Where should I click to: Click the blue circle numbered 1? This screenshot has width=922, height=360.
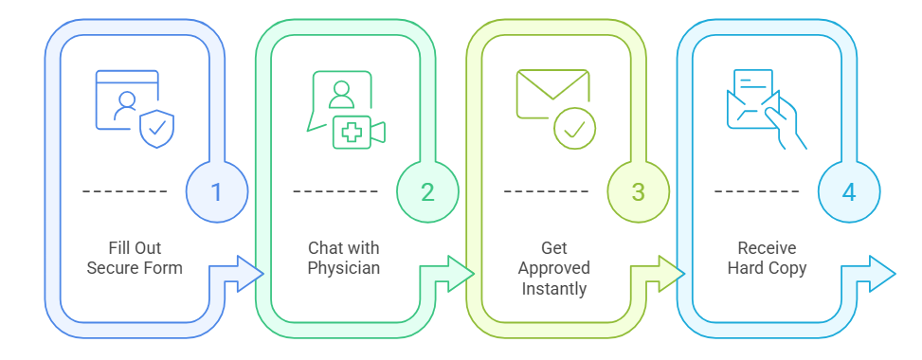pyautogui.click(x=216, y=191)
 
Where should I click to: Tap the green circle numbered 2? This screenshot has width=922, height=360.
pyautogui.click(x=427, y=191)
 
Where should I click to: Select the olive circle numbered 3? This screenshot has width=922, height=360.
pyautogui.click(x=638, y=191)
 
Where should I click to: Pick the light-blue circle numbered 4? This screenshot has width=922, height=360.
pyautogui.click(x=848, y=191)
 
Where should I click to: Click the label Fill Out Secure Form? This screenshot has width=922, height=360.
pyautogui.click(x=135, y=258)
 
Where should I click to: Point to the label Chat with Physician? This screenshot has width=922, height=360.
pyautogui.click(x=344, y=258)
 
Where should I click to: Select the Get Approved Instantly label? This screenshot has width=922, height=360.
pyautogui.click(x=554, y=268)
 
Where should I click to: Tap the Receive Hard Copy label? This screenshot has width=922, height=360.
pyautogui.click(x=766, y=258)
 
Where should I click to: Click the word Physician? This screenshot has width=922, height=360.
pyautogui.click(x=344, y=268)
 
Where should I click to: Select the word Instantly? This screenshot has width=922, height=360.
pyautogui.click(x=554, y=288)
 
